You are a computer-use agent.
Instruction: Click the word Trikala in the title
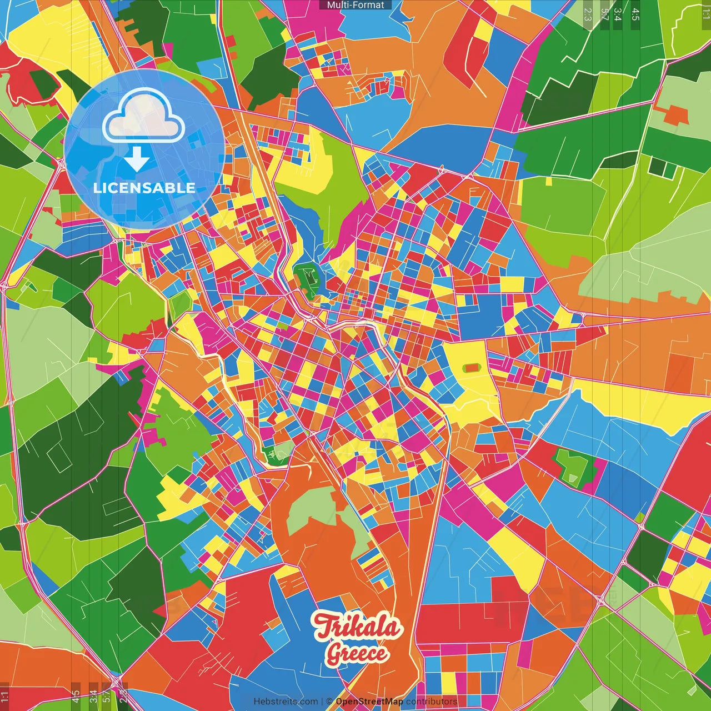357,627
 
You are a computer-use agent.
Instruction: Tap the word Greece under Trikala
356,653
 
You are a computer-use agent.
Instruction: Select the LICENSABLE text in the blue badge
144,188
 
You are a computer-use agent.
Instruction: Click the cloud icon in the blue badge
144,116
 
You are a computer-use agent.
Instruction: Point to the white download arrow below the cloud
137,159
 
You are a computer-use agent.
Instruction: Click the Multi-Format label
355,5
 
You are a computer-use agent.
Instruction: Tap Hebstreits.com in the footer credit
286,702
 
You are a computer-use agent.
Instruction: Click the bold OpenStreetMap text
369,702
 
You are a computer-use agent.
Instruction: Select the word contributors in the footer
432,702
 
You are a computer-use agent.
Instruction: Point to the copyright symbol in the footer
329,702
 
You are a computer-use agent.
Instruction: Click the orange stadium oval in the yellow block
472,367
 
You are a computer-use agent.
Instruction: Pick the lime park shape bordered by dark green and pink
572,465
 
